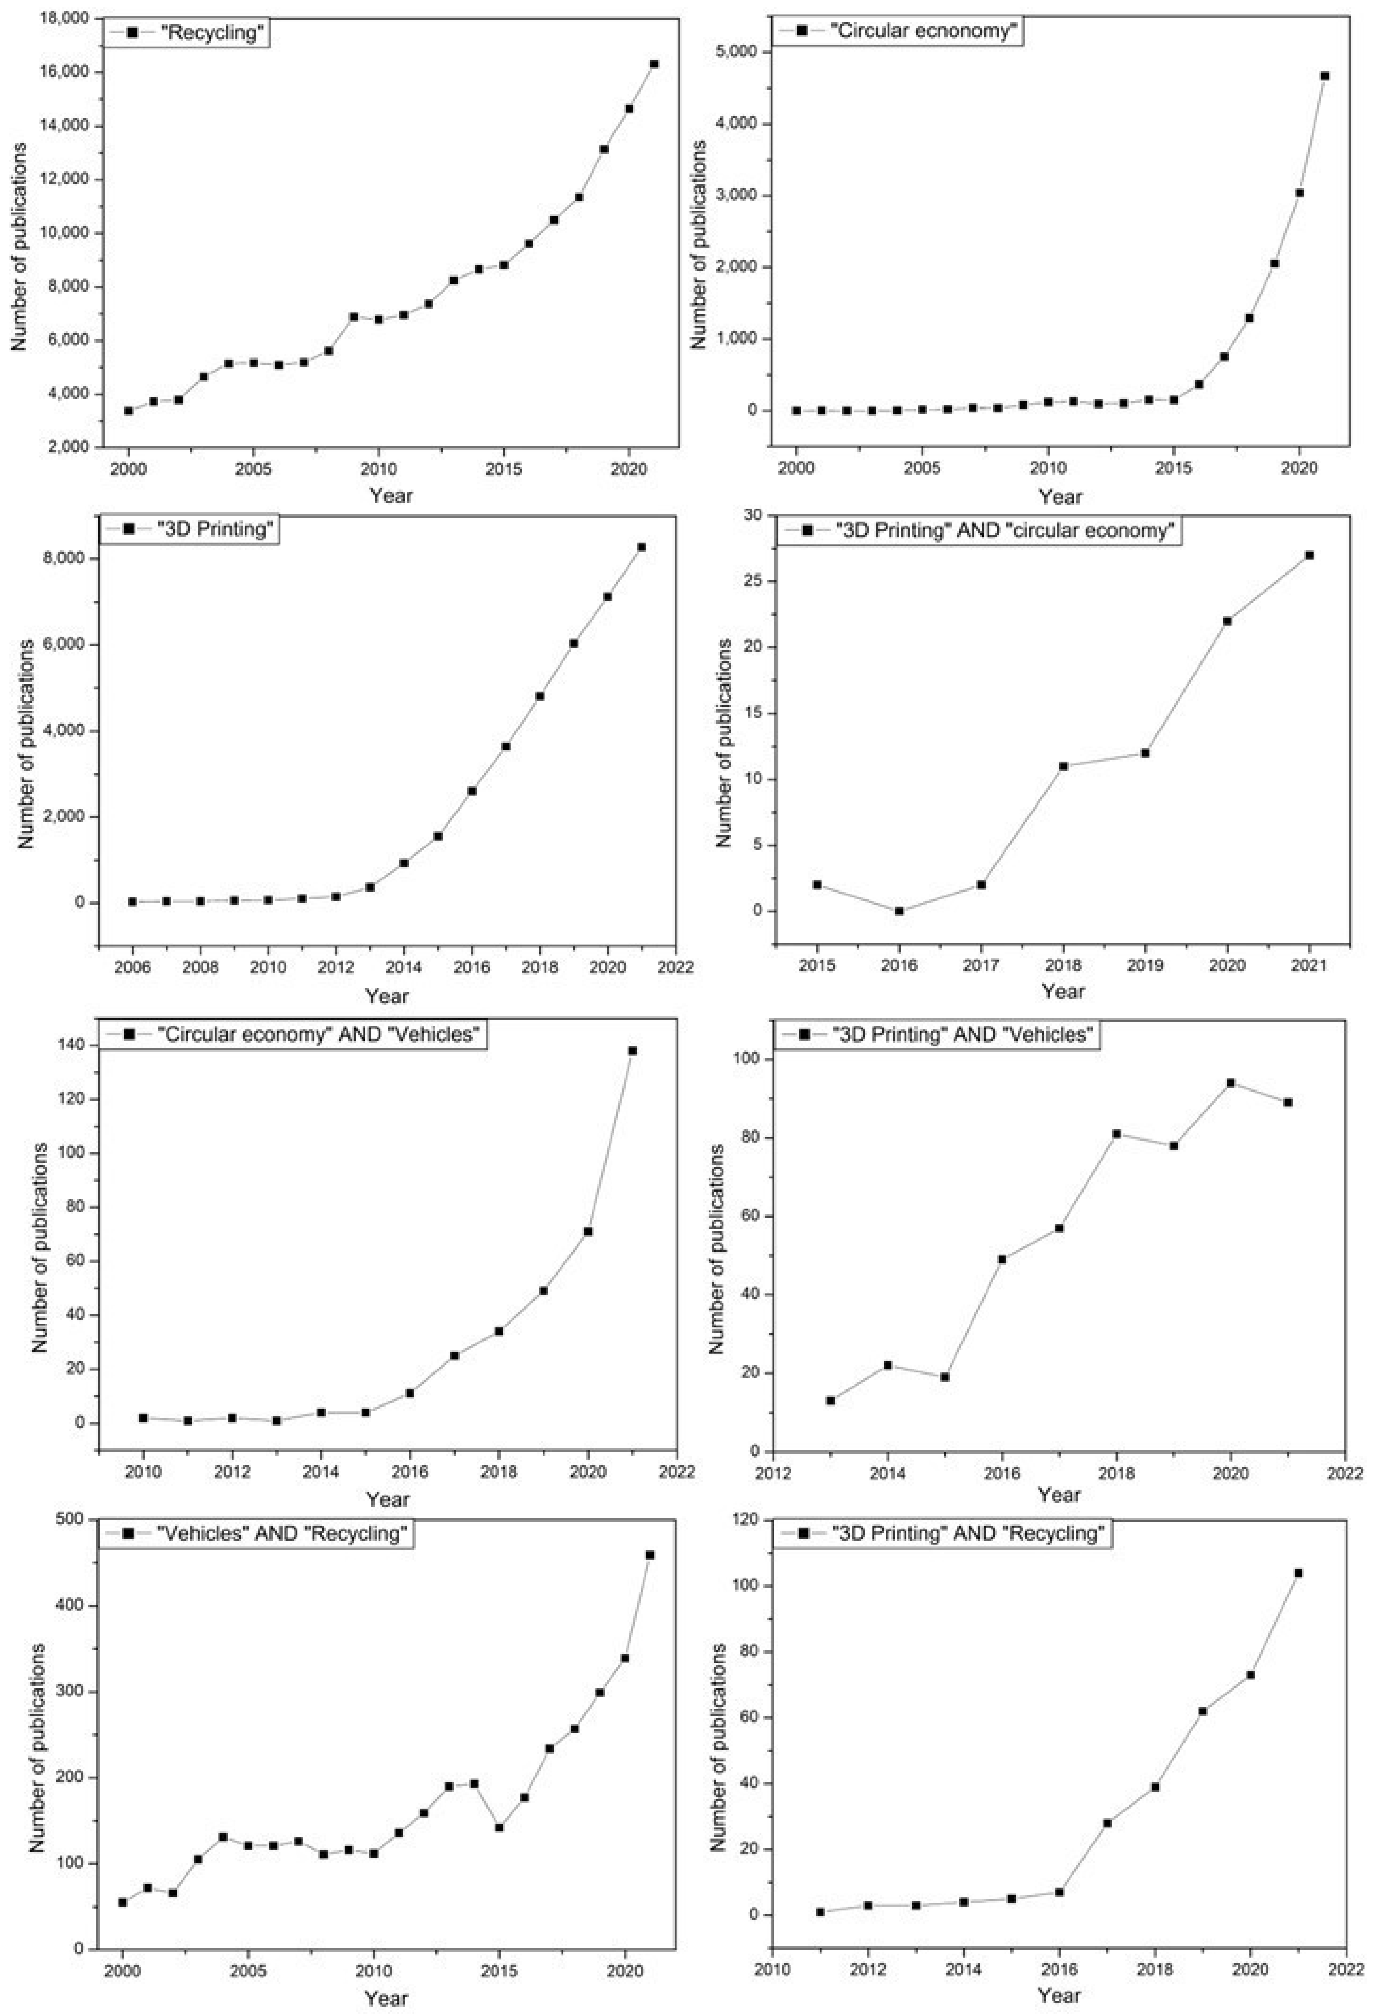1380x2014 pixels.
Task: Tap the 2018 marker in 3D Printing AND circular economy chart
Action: pos(1063,766)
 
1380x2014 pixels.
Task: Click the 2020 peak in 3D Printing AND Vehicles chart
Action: pos(1230,1082)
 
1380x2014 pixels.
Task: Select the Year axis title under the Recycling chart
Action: pos(391,496)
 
